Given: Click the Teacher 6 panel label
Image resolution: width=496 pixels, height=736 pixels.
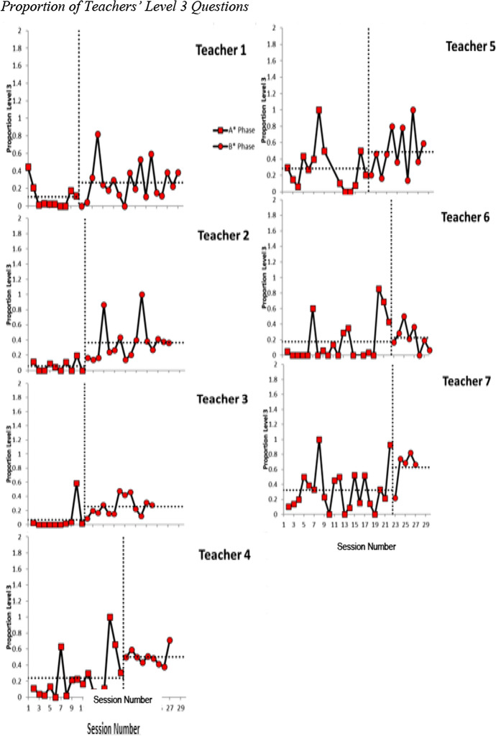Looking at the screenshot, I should point(465,218).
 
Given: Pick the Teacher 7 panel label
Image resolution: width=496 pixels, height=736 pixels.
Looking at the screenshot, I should point(466,382).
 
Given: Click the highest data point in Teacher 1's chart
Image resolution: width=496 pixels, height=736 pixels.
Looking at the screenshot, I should point(98,134).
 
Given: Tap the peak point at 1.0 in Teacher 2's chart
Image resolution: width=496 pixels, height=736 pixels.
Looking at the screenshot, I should point(142,294).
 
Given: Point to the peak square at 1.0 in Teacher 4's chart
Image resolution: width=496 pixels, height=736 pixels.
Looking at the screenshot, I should point(110,617).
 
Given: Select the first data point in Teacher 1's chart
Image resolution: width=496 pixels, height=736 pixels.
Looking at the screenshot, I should point(28,167).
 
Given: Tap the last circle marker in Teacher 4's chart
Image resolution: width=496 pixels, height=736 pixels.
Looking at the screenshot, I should point(170,640).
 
